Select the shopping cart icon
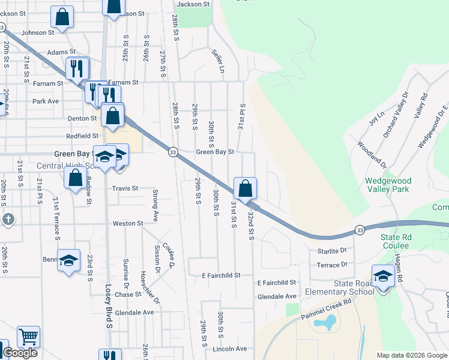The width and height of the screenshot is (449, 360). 28,337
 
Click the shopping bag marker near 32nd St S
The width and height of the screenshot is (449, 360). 245,188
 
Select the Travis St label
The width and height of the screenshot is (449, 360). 125,188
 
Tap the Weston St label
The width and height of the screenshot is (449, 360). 128,223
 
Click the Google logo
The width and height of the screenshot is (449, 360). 20,353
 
